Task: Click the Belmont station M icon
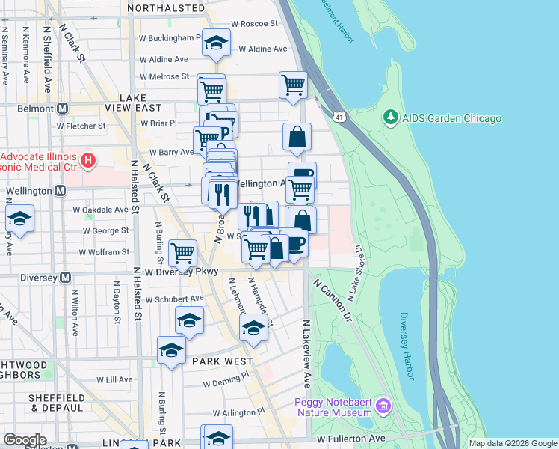(x=62, y=108)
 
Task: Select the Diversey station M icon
(x=65, y=278)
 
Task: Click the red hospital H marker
(x=88, y=159)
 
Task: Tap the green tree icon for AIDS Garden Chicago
(x=389, y=117)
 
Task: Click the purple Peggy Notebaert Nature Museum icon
(x=383, y=406)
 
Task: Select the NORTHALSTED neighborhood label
(x=165, y=8)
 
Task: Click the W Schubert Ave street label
(x=174, y=299)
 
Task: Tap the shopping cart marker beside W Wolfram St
(x=182, y=252)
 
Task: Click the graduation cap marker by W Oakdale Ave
(x=19, y=219)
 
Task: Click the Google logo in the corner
(x=25, y=439)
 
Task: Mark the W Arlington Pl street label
(x=238, y=412)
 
